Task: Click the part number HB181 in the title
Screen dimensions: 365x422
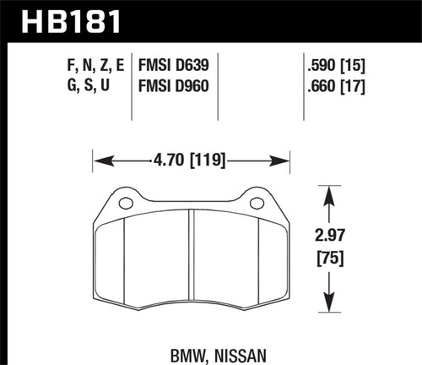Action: [63, 19]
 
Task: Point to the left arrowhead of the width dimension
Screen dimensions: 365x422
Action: [98, 155]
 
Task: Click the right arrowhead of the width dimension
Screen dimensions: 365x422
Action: [286, 155]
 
